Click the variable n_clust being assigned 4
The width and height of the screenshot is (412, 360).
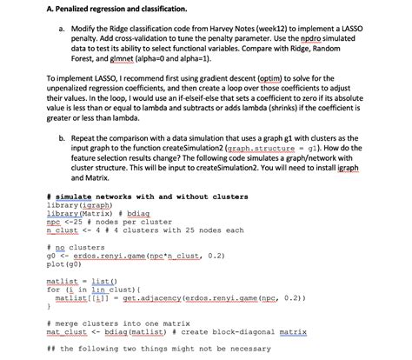pyautogui.click(x=62, y=230)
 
